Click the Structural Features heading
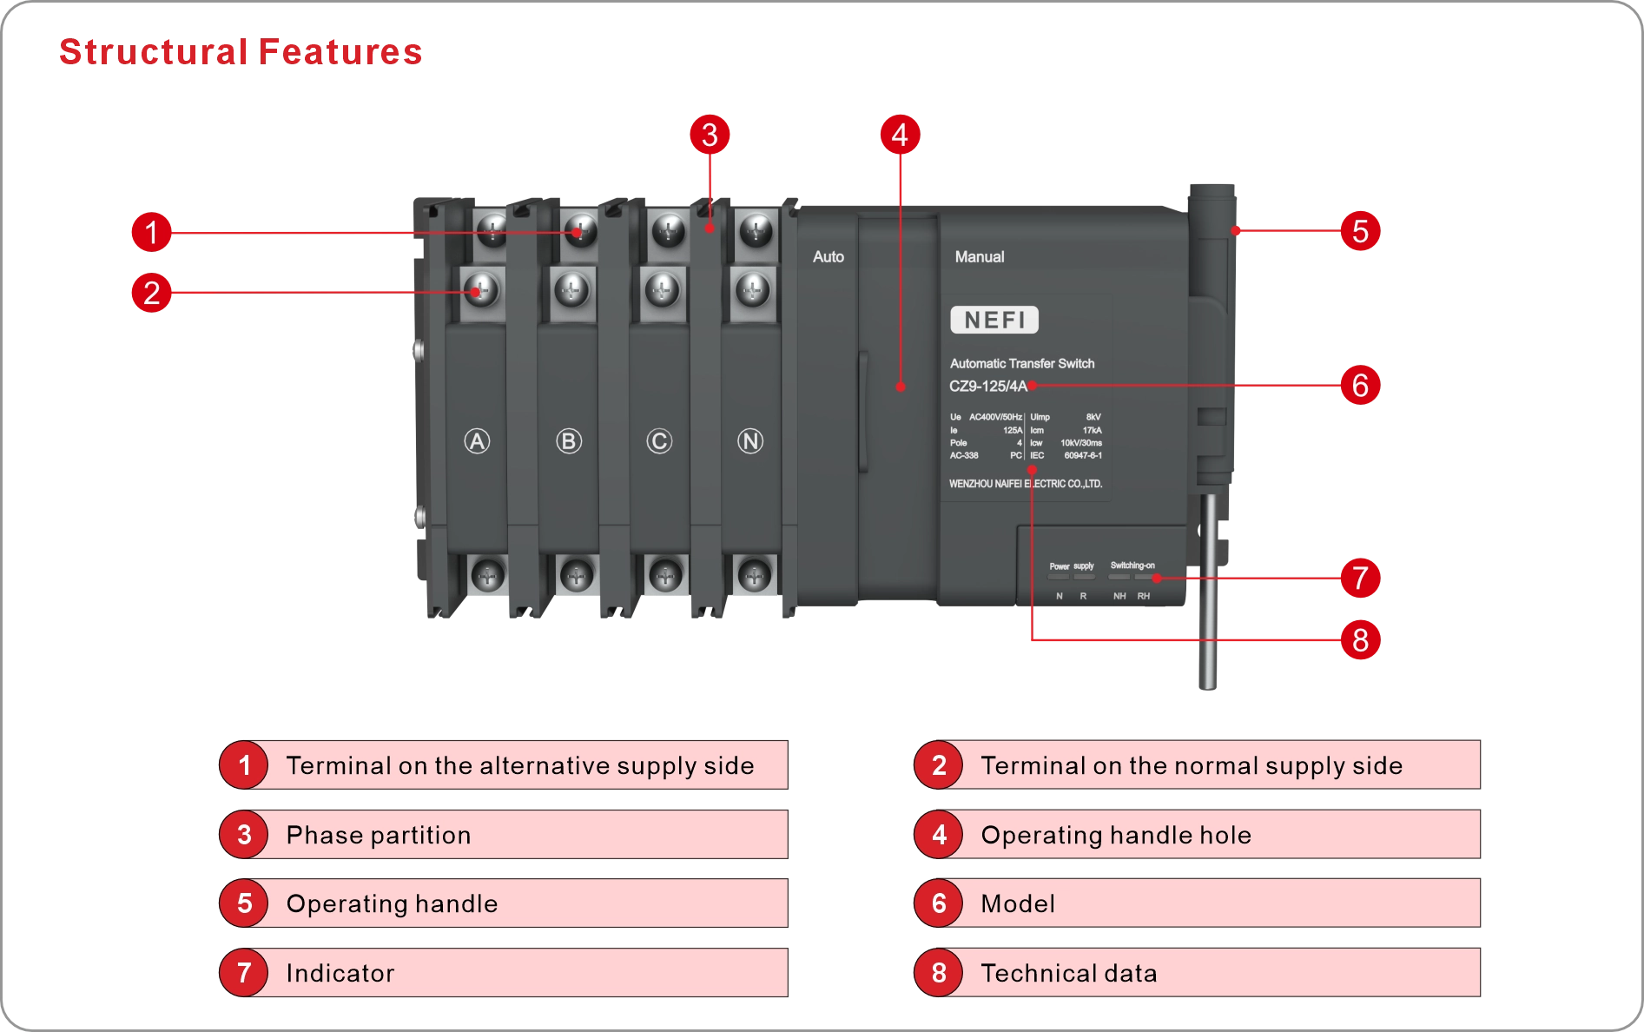coord(240,52)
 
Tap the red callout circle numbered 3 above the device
coord(710,135)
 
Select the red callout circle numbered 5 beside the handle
coord(1360,231)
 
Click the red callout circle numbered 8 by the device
coord(1360,640)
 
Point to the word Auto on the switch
coord(828,257)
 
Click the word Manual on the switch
coord(979,257)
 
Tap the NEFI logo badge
coord(994,320)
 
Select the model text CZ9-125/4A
coord(987,387)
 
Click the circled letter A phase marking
coord(477,441)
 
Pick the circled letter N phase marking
coord(750,441)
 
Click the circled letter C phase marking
coord(659,441)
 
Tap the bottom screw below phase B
coord(576,574)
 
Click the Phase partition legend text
coord(379,835)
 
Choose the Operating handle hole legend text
coord(1116,835)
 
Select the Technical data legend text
coord(1069,973)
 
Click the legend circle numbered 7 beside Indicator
coord(244,973)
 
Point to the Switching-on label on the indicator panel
coord(1132,566)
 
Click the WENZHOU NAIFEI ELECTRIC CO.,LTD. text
coord(1025,484)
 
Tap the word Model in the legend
coord(1018,903)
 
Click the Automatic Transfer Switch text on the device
coord(1021,364)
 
